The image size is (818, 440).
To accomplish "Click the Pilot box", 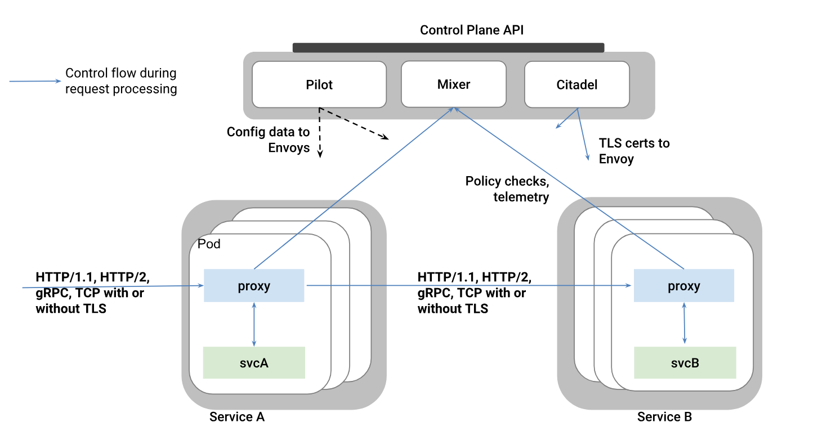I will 319,84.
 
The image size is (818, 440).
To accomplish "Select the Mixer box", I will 453,84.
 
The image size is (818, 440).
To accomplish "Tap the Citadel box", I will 576,84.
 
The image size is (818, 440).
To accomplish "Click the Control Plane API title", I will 472,30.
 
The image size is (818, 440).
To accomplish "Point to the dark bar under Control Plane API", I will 448,48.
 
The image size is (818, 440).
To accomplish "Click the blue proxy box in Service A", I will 253,286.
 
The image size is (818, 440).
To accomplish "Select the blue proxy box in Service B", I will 683,286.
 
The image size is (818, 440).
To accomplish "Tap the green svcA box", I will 253,362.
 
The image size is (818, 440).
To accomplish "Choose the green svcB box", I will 685,362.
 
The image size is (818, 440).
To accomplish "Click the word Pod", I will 209,244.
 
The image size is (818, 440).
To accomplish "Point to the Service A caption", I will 236,417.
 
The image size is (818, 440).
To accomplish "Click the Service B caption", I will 664,417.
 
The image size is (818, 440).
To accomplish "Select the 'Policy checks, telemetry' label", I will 507,189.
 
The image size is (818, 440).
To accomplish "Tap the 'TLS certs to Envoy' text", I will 634,151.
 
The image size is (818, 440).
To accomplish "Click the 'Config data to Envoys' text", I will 268,140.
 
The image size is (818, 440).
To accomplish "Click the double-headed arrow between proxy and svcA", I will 254,324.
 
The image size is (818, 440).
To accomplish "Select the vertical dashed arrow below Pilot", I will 319,132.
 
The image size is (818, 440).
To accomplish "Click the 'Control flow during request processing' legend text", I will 120,81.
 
